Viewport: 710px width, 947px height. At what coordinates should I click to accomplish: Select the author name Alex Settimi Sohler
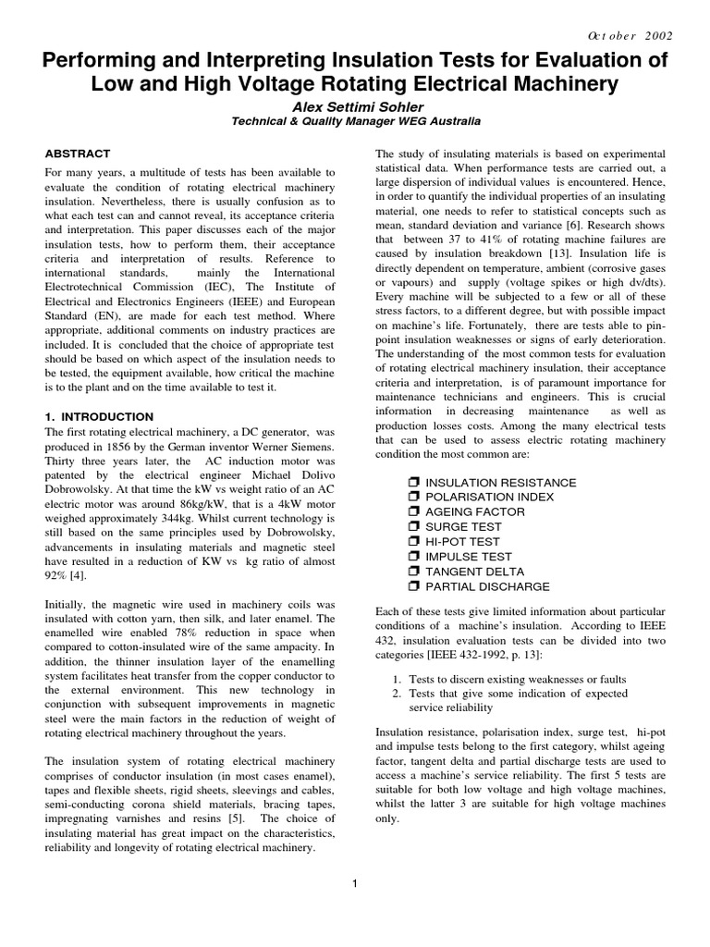tap(354, 106)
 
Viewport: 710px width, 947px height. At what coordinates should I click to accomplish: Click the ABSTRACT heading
tap(78, 154)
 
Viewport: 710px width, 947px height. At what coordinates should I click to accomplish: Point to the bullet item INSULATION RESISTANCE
tap(500, 483)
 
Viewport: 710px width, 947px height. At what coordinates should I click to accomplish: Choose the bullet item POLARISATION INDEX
tap(489, 498)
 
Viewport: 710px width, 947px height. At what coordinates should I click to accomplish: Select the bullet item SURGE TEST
tap(464, 527)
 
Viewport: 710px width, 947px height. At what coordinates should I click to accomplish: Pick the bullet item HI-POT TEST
tap(462, 542)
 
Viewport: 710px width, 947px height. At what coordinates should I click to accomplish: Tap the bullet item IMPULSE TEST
tap(468, 557)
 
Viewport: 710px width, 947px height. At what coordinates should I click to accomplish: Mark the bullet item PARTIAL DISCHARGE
tap(487, 586)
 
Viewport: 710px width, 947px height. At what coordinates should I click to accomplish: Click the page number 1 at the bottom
tap(355, 884)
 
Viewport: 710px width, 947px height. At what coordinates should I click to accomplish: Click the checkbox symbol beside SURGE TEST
tap(413, 527)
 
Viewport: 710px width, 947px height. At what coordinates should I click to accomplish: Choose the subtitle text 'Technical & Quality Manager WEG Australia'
tap(354, 122)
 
